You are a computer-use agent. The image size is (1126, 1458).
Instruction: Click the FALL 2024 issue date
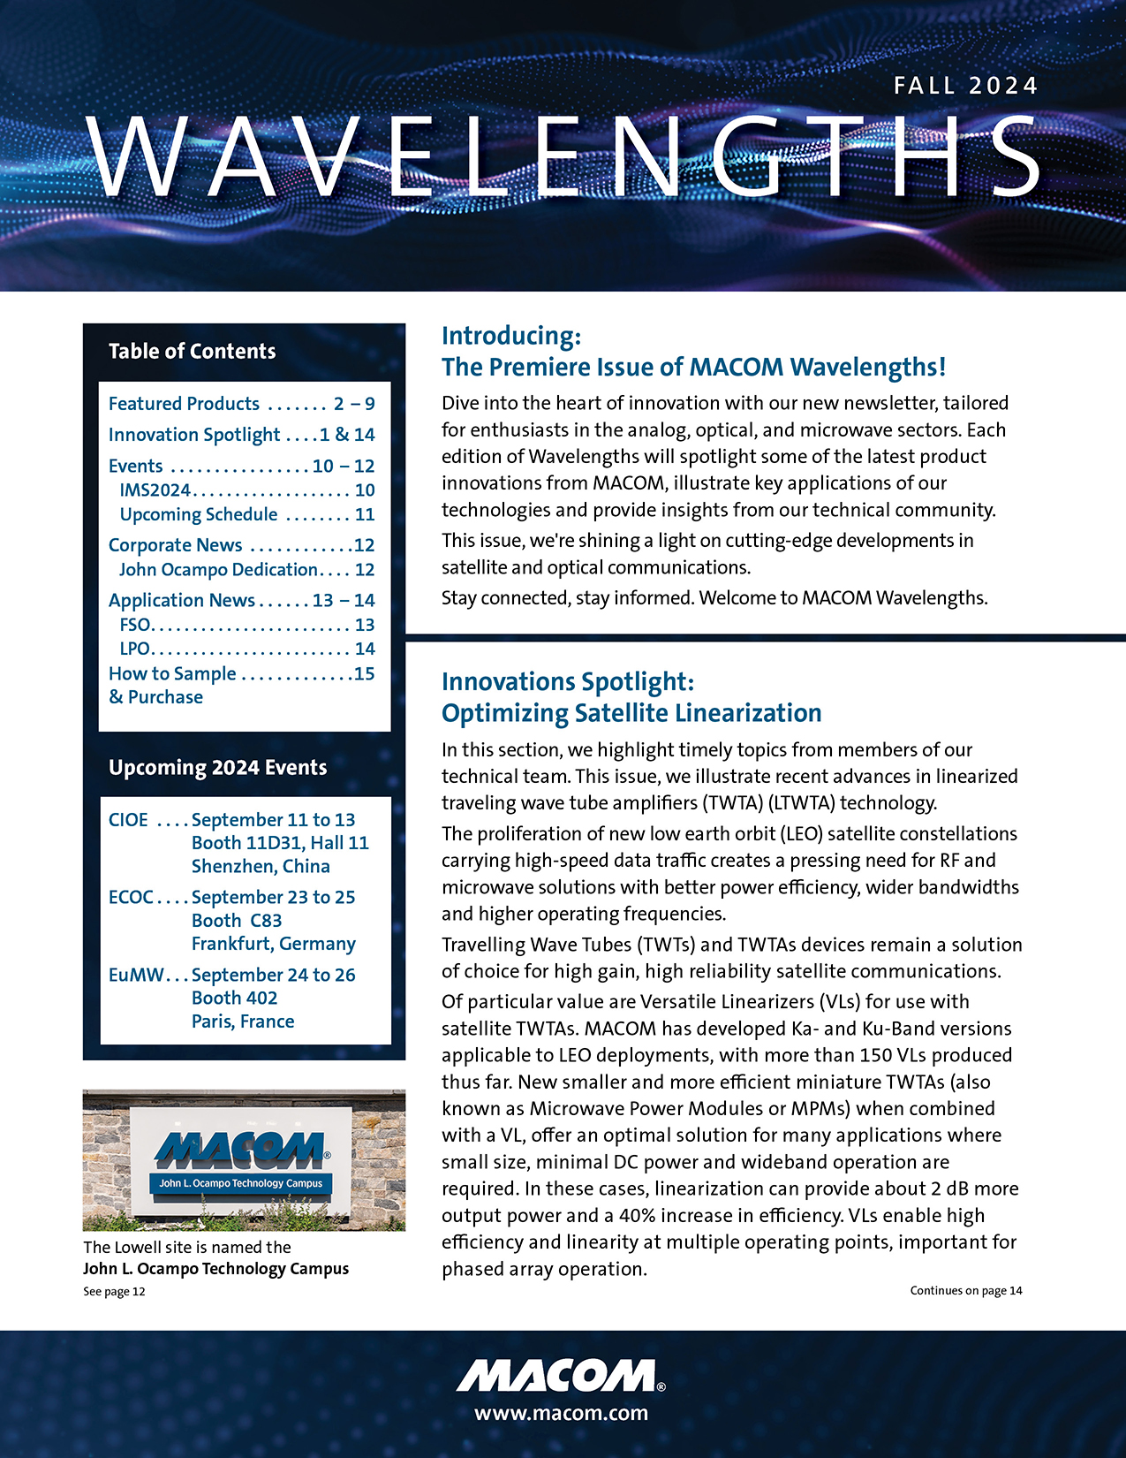click(x=965, y=86)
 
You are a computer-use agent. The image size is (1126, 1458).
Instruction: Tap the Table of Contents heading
click(x=192, y=351)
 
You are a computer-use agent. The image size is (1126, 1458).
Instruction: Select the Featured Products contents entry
click(x=184, y=404)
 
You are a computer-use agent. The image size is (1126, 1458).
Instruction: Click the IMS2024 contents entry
click(x=155, y=490)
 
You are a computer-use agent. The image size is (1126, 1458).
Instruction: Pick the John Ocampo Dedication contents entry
click(x=218, y=570)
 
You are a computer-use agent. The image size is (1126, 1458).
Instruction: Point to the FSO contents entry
click(x=135, y=625)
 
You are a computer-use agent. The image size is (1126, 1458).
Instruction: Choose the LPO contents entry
click(x=135, y=649)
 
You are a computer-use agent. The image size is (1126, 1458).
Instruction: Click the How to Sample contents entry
click(x=172, y=674)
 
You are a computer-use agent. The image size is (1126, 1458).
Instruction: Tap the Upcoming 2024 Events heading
click(x=217, y=767)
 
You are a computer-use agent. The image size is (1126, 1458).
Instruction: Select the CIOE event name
click(x=128, y=820)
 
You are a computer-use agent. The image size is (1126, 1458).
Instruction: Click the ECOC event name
click(x=131, y=897)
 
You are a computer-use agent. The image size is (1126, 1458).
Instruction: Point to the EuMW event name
click(x=136, y=975)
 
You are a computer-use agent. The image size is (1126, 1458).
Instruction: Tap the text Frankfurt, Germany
click(x=273, y=944)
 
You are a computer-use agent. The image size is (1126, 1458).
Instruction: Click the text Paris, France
click(x=243, y=1021)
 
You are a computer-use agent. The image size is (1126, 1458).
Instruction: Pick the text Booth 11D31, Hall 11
click(x=280, y=843)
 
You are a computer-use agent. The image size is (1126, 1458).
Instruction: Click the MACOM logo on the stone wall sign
click(x=240, y=1150)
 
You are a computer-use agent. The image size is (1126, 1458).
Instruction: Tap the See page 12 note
click(x=114, y=1291)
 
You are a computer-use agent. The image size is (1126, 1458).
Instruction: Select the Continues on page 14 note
click(x=965, y=1290)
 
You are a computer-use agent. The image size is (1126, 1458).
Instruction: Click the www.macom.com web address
click(x=562, y=1412)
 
